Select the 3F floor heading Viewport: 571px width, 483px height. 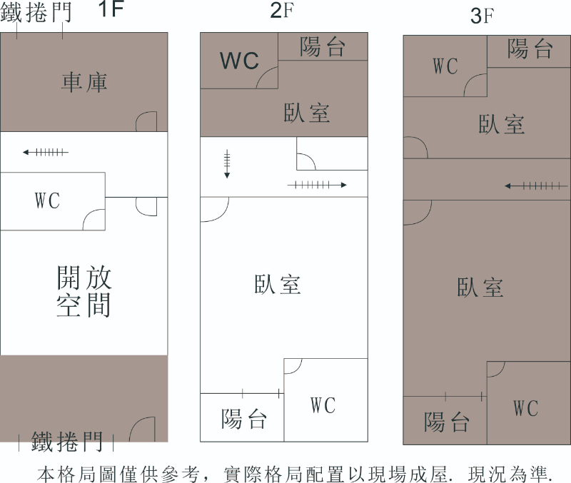coord(482,16)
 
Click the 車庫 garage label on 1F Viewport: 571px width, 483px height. coord(84,82)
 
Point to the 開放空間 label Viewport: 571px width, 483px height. coord(84,291)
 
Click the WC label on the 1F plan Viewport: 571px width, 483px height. coord(48,200)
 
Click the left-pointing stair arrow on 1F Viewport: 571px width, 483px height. coord(45,152)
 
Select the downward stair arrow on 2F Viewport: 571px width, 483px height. coord(227,164)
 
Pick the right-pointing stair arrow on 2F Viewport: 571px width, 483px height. coord(317,185)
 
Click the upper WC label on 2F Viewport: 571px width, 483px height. coord(239,61)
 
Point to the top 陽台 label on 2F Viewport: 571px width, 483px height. coord(323,47)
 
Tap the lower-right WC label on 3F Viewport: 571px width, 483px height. coord(525,409)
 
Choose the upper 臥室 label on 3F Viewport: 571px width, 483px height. coord(501,124)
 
